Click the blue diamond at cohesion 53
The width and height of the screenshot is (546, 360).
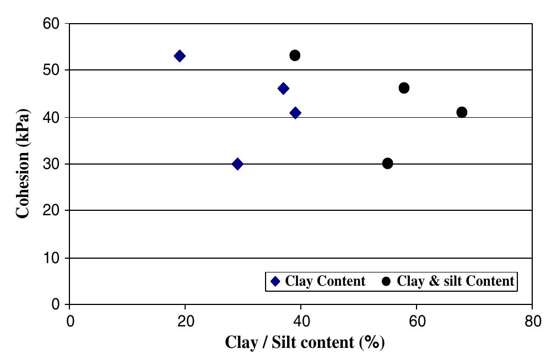coord(180,56)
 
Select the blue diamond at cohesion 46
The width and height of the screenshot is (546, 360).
coord(283,89)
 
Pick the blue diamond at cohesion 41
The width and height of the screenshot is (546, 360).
coord(295,113)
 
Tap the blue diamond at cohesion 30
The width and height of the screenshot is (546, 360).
coord(237,163)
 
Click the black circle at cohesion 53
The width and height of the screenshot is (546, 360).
coord(295,56)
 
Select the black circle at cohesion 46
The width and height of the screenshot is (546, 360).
coord(404,88)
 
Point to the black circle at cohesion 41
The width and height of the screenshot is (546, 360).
coord(462,112)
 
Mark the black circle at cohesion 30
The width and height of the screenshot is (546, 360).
coord(387,163)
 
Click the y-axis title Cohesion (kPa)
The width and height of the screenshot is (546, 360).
coord(23,164)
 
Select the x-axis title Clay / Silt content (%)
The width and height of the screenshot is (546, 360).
coord(304,342)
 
